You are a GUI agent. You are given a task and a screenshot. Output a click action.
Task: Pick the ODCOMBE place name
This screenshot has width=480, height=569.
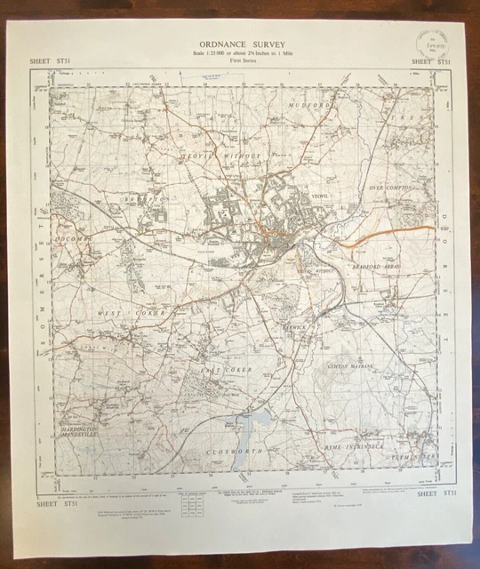(72, 240)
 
